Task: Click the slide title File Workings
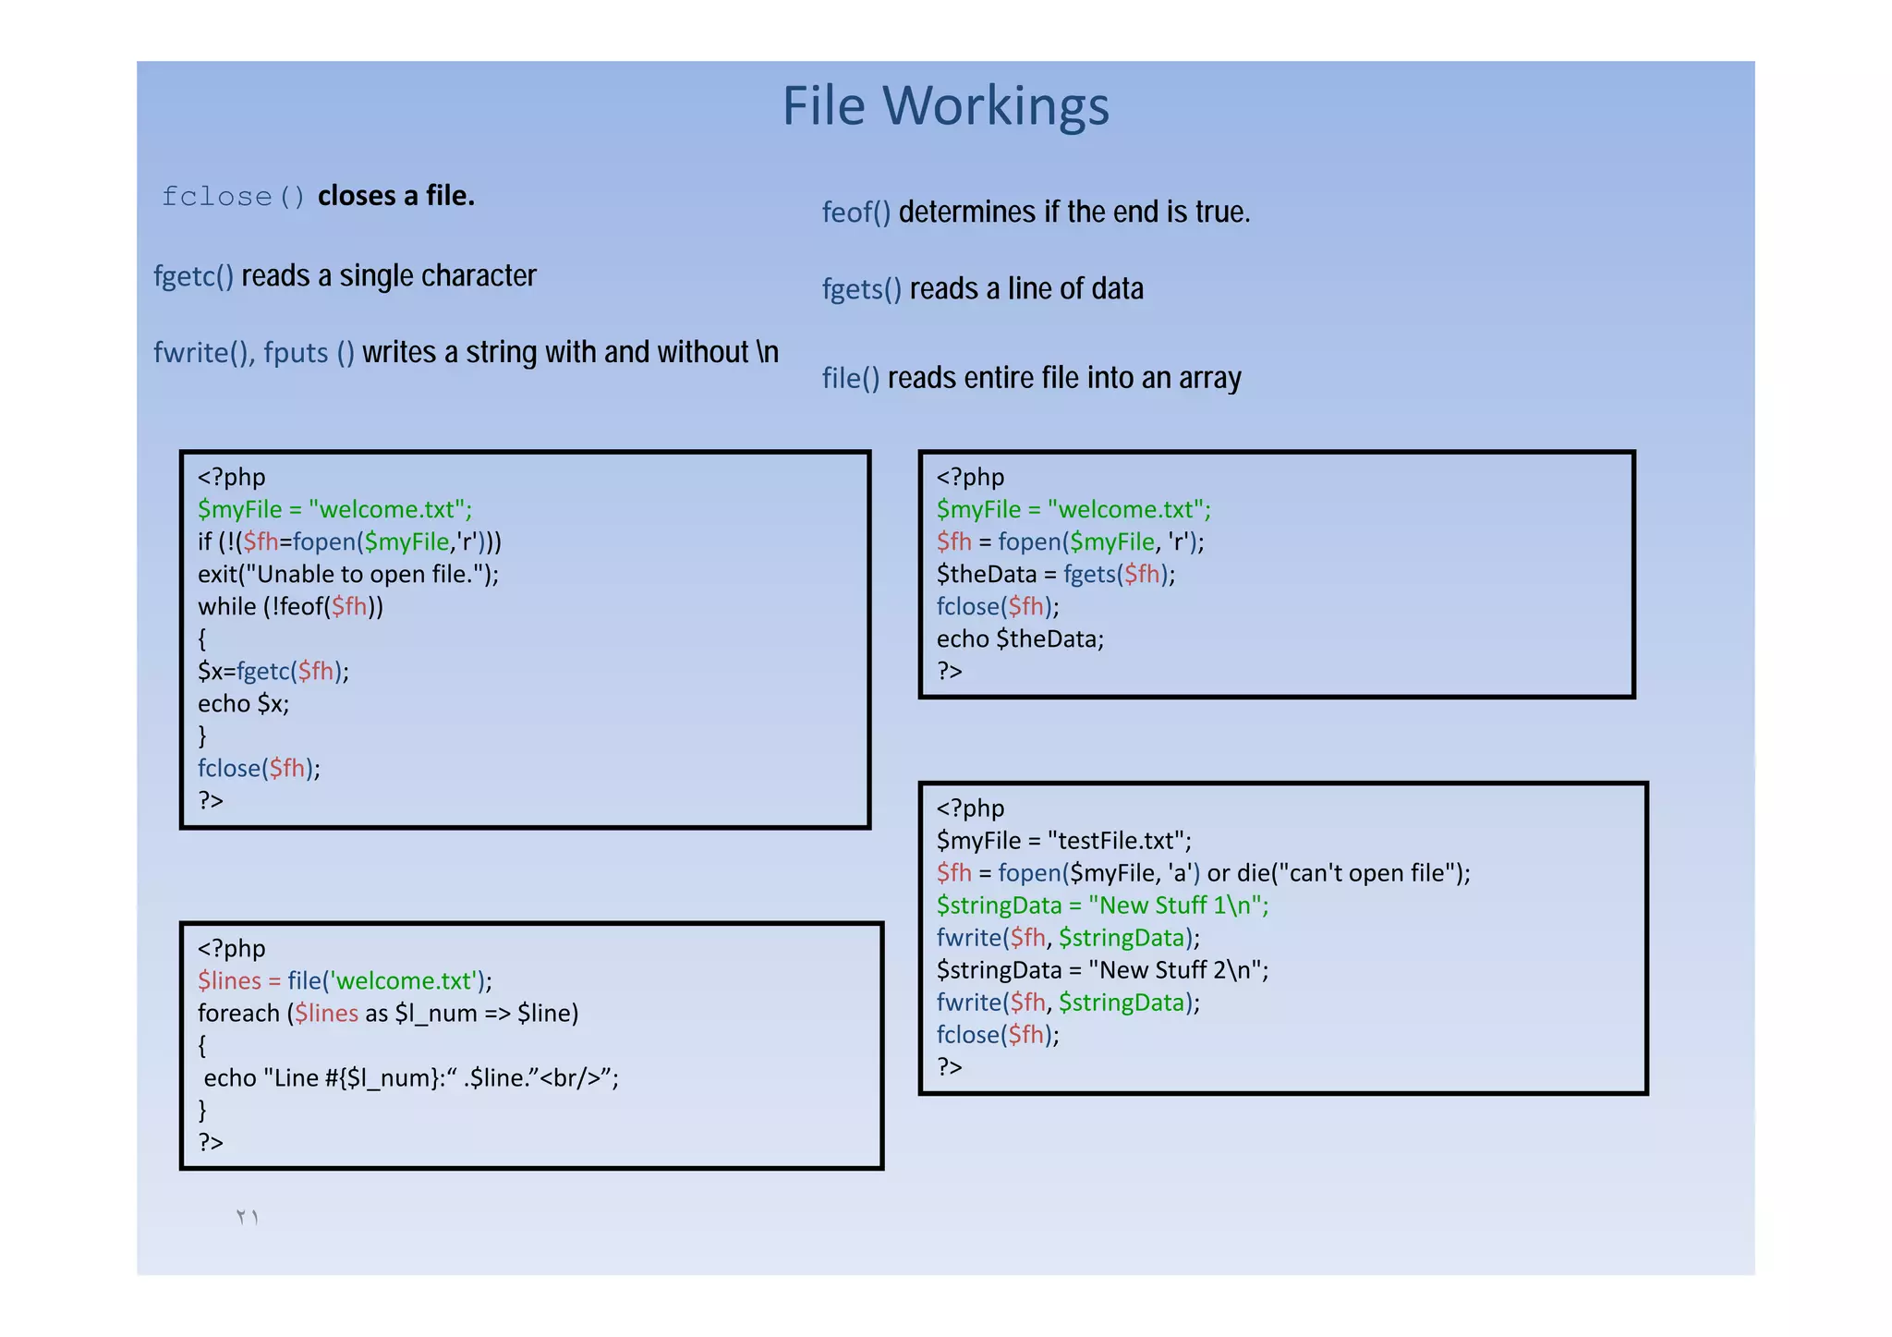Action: tap(945, 106)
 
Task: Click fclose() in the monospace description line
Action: tap(233, 197)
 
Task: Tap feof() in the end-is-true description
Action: tap(855, 213)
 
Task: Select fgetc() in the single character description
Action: tap(193, 276)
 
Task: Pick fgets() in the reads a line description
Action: tap(861, 289)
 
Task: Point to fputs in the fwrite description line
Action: tap(296, 353)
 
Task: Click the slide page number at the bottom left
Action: tap(247, 1217)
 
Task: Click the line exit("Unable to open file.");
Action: tap(347, 575)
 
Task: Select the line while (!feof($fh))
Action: tap(290, 607)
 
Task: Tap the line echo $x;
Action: tap(243, 704)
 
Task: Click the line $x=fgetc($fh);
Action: tap(273, 672)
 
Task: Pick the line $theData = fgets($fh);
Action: tap(1055, 575)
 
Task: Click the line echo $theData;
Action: tap(1020, 639)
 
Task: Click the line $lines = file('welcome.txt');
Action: tap(344, 981)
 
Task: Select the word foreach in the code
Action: tap(238, 1014)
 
